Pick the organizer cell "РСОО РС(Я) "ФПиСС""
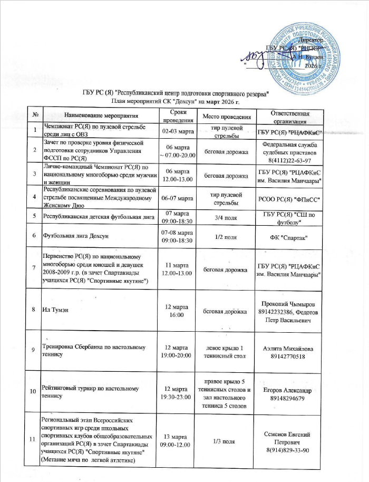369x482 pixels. coord(289,200)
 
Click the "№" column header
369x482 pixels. coord(34,115)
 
